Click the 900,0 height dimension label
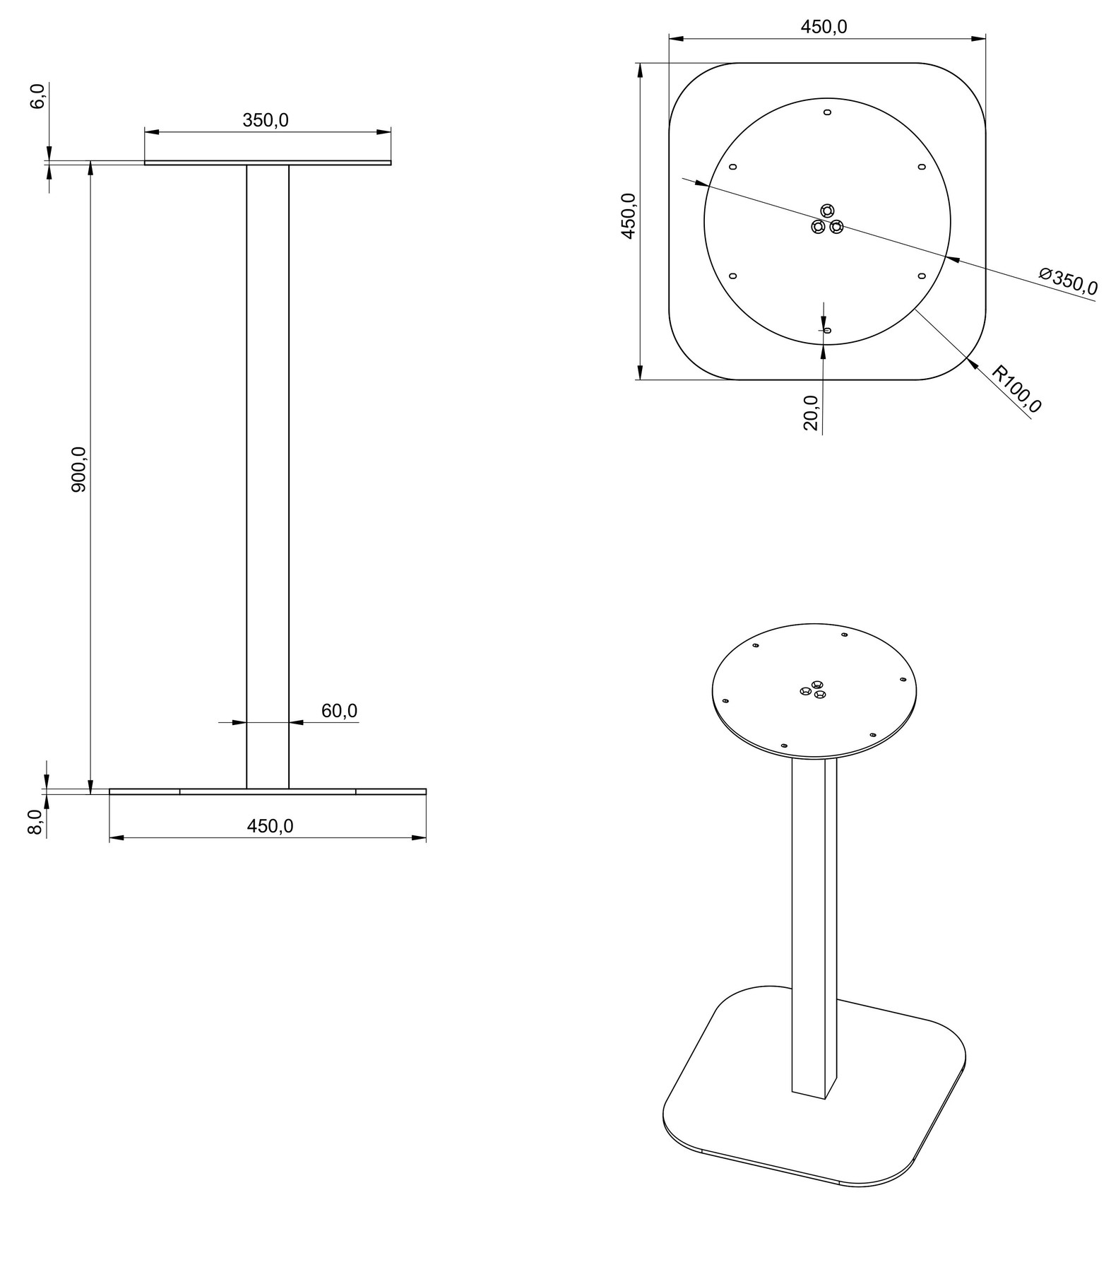(x=78, y=469)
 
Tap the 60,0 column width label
(x=340, y=710)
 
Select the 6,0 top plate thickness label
(x=37, y=95)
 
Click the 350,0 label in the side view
(x=266, y=120)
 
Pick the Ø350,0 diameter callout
(x=1068, y=280)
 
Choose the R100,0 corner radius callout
(x=1016, y=388)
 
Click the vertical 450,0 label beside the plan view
(x=628, y=216)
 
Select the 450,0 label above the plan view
(x=824, y=27)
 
